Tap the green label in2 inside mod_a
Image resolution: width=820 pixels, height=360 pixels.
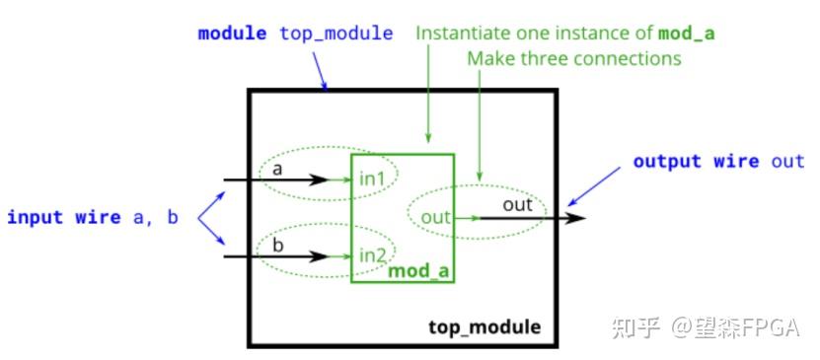click(374, 254)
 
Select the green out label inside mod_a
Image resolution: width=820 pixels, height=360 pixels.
click(435, 216)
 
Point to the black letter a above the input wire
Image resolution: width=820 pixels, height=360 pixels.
click(277, 169)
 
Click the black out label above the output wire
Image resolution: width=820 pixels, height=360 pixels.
click(517, 205)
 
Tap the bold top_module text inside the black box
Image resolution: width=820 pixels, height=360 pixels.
click(485, 326)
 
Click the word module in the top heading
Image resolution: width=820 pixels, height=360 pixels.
click(232, 34)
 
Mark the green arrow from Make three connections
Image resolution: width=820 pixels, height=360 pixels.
click(479, 128)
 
